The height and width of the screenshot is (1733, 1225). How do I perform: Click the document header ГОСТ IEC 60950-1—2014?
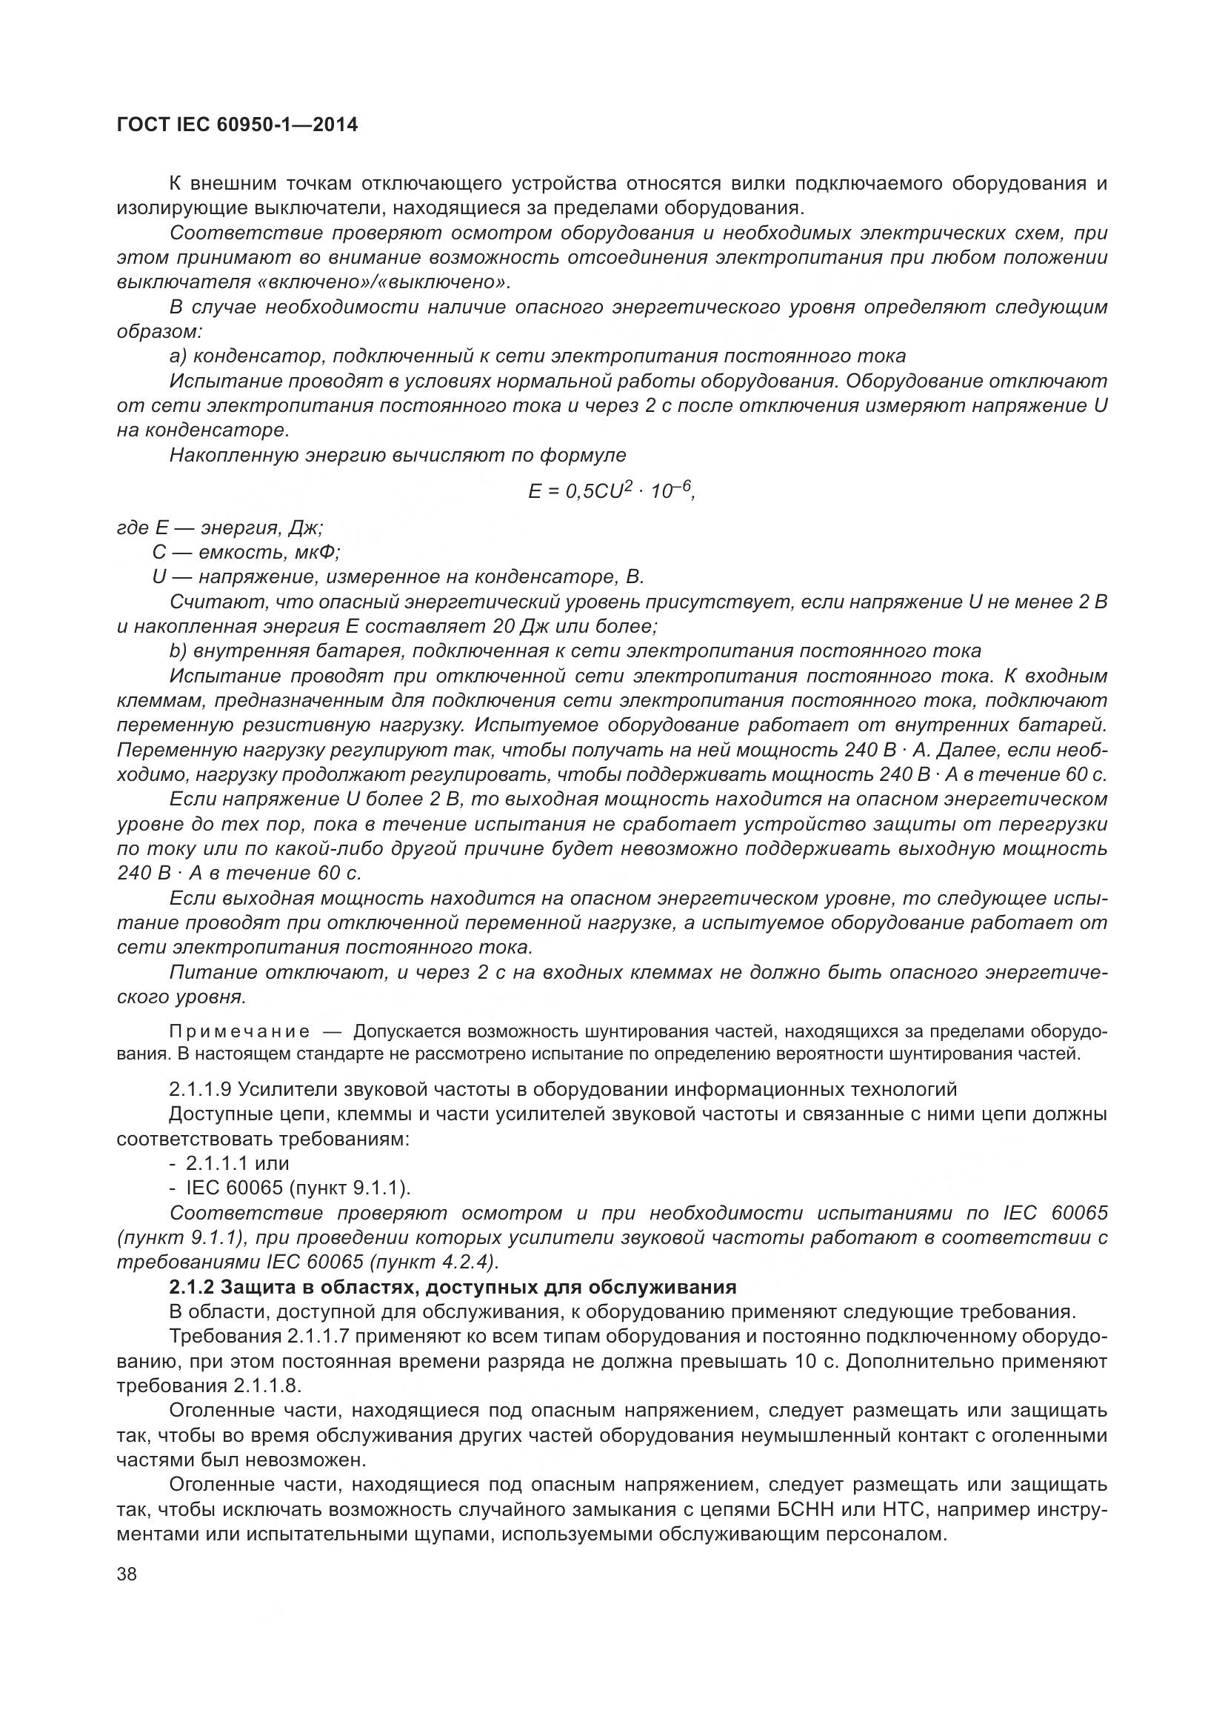pyautogui.click(x=237, y=125)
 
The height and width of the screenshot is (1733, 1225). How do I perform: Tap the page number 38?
pyautogui.click(x=127, y=1574)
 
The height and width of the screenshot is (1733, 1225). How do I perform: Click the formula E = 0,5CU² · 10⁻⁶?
pyautogui.click(x=611, y=490)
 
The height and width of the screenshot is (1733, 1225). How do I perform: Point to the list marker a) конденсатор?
pyautogui.click(x=178, y=356)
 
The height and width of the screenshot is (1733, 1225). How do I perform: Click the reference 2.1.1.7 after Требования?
pyautogui.click(x=318, y=1336)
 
